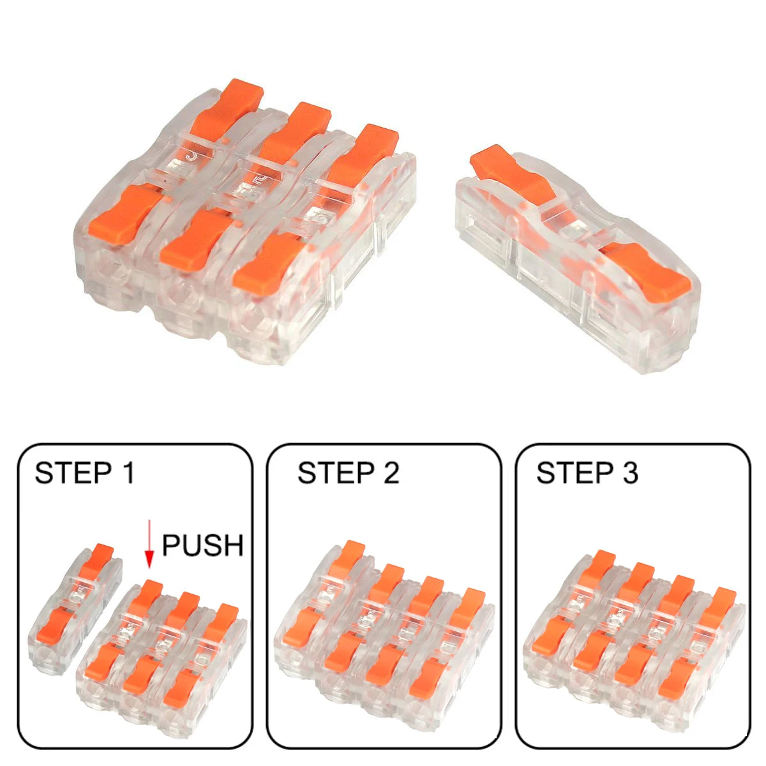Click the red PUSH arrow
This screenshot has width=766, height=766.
click(149, 544)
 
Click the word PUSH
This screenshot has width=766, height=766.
click(202, 546)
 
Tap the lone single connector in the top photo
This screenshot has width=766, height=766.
click(578, 255)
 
